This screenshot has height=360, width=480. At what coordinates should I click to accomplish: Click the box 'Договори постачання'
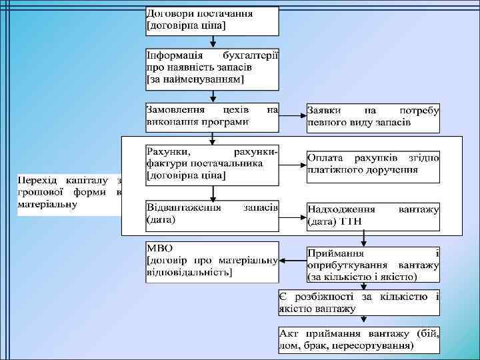tap(212, 21)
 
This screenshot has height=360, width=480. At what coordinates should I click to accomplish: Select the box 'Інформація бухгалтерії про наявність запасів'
tap(212, 69)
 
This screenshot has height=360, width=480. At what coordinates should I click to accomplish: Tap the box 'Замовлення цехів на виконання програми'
tap(212, 116)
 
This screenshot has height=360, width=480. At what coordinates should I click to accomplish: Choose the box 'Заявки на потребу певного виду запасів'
tap(373, 117)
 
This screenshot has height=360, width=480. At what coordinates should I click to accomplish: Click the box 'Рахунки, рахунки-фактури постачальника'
tap(212, 164)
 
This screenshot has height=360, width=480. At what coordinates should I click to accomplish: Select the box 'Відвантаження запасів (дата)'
tap(212, 213)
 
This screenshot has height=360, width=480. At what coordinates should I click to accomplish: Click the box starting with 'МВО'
tap(212, 262)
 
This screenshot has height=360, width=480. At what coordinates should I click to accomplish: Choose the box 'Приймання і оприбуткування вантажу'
tap(373, 264)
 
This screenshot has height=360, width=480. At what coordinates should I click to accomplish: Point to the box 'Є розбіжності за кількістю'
tap(359, 302)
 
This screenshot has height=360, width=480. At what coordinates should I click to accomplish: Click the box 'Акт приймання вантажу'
tap(359, 339)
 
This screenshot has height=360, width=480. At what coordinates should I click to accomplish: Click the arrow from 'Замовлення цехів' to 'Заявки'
tap(292, 115)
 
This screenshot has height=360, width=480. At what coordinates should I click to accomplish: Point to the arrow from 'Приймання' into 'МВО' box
tap(292, 260)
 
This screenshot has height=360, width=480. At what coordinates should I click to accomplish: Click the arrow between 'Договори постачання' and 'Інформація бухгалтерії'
tap(212, 41)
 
